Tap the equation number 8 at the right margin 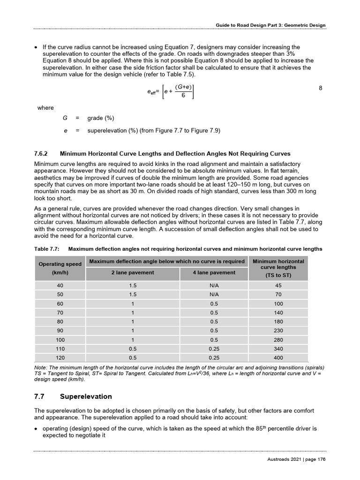pyautogui.click(x=320, y=88)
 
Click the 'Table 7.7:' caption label pyautogui.click(x=47, y=248)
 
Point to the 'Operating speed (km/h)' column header pyautogui.click(x=60, y=268)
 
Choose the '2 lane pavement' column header pyautogui.click(x=133, y=272)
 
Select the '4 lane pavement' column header pyautogui.click(x=214, y=272)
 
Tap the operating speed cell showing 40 pyautogui.click(x=60, y=285)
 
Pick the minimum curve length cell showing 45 pyautogui.click(x=278, y=285)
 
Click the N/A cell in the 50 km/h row pyautogui.click(x=214, y=295)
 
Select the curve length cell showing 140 pyautogui.click(x=278, y=313)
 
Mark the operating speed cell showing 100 pyautogui.click(x=60, y=339)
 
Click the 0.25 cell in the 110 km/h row pyautogui.click(x=214, y=348)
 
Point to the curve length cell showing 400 pyautogui.click(x=278, y=357)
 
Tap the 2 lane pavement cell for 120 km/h pyautogui.click(x=133, y=357)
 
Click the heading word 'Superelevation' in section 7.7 pyautogui.click(x=86, y=397)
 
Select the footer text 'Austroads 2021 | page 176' pyautogui.click(x=293, y=459)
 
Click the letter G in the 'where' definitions pyautogui.click(x=65, y=118)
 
